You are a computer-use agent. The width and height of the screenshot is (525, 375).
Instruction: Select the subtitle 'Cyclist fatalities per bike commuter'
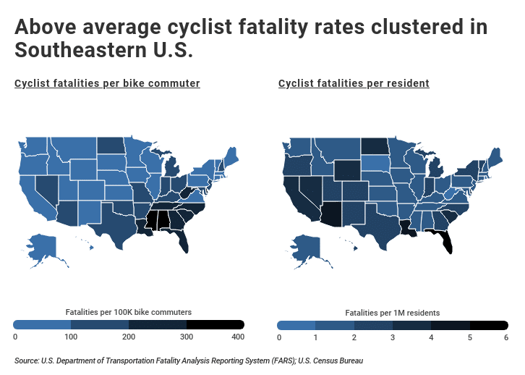pos(107,84)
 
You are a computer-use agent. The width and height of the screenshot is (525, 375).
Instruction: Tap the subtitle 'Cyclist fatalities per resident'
pos(354,84)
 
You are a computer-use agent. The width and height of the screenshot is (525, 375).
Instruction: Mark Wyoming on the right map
pos(345,169)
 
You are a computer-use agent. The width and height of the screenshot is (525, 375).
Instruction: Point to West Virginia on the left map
pos(187,193)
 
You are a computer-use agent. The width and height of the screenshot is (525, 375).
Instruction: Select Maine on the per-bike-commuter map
pos(233,155)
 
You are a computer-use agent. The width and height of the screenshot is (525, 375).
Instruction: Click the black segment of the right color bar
pos(489,325)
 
